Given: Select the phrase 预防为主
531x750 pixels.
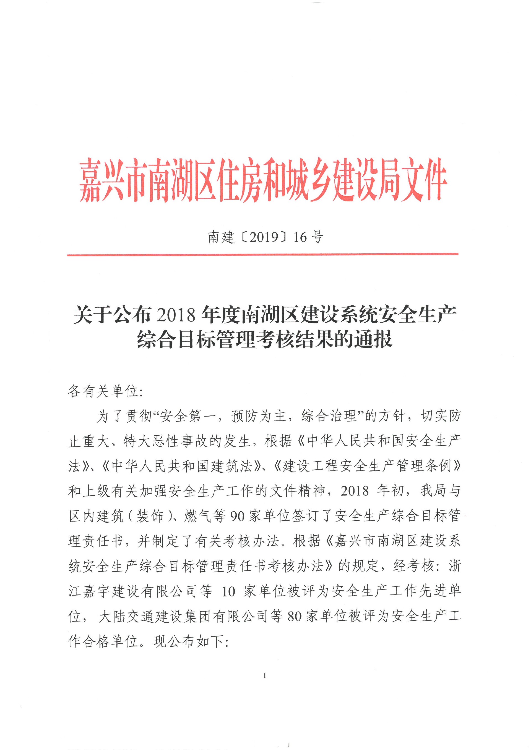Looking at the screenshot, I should tap(259, 416).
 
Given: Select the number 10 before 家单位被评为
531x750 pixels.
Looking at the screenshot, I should tap(228, 591).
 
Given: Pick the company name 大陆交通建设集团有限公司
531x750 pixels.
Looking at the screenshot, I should tap(183, 616).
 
